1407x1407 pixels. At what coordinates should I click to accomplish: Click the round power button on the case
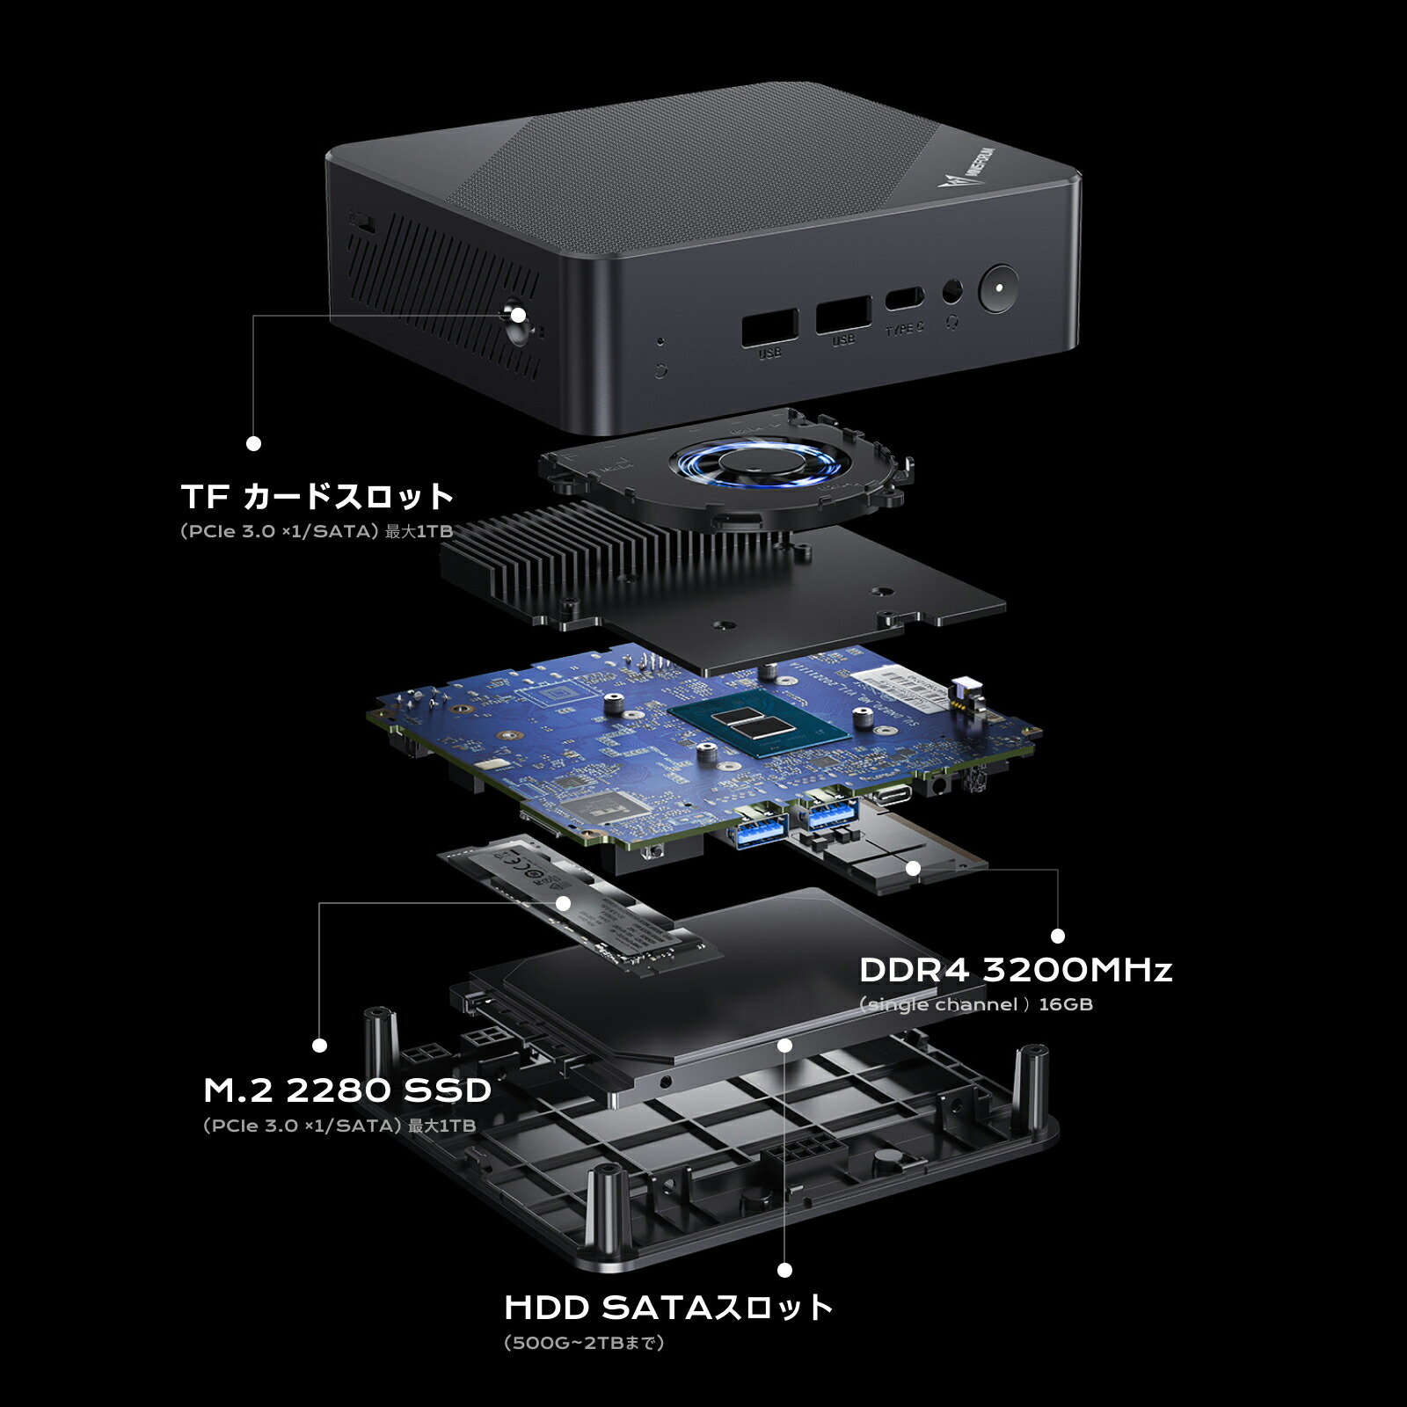(998, 288)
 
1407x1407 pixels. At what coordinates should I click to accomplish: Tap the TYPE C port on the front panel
(903, 298)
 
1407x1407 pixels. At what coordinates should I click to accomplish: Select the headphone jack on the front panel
(951, 291)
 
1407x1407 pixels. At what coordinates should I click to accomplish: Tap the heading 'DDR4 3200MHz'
(1016, 970)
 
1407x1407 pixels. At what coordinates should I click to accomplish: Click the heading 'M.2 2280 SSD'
(347, 1090)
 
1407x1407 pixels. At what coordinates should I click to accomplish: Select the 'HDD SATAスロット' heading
(668, 1308)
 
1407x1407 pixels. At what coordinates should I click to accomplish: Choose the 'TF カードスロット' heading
(317, 497)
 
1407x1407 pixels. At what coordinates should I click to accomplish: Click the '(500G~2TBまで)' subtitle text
(584, 1343)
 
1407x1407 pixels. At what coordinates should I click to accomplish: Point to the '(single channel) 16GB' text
(976, 1004)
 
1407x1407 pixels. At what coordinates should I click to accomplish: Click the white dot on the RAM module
(913, 869)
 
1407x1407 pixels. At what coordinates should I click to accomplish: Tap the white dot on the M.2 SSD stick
(564, 903)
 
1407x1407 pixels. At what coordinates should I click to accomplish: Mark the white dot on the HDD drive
(785, 1045)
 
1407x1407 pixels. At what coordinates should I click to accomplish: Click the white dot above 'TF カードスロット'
(253, 443)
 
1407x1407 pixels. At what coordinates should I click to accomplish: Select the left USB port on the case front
(769, 327)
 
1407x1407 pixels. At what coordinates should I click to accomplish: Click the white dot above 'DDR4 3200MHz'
(1058, 936)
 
